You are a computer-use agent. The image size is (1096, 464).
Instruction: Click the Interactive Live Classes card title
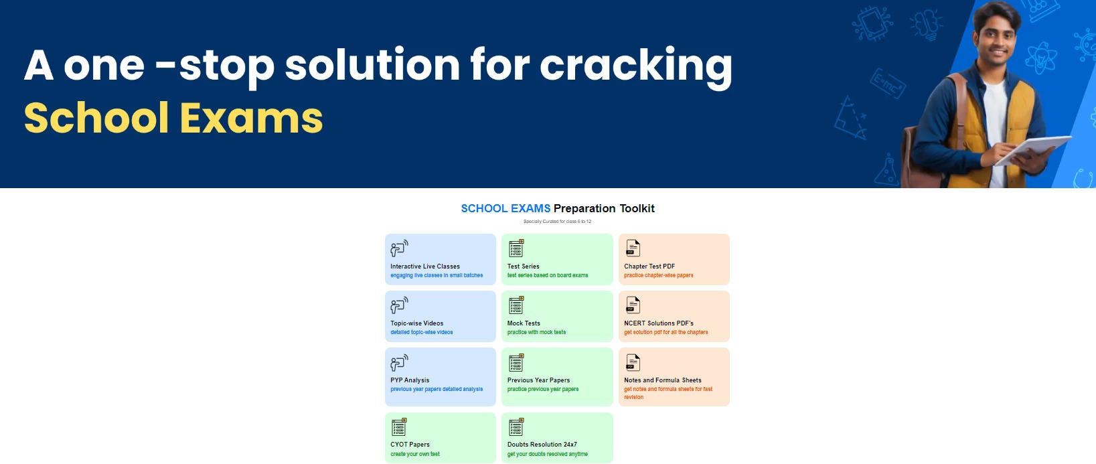424,266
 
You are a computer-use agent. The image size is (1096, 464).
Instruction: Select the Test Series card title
523,266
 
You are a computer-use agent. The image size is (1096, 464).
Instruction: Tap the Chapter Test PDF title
649,266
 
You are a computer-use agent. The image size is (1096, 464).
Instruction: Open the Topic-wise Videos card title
416,323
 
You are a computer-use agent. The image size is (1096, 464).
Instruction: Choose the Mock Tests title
524,323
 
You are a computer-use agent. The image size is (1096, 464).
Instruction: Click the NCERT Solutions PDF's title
659,323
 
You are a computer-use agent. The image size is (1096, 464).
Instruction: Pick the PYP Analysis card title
410,380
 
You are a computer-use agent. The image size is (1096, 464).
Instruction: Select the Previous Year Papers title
538,380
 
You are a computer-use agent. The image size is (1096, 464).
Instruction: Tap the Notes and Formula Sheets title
663,380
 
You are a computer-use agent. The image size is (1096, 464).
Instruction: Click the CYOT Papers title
410,445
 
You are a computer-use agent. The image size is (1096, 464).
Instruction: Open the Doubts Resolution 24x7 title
542,445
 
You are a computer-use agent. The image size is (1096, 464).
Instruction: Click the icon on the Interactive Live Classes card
399,248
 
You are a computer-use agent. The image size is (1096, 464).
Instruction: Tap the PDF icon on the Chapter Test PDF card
633,248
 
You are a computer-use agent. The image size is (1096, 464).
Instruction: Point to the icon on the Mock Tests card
516,305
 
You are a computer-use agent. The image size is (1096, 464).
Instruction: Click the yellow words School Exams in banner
173,118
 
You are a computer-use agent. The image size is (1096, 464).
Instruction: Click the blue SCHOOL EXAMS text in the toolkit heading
505,208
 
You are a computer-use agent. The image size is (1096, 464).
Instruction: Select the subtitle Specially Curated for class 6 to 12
557,221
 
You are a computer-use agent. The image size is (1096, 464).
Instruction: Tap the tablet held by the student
1032,150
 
